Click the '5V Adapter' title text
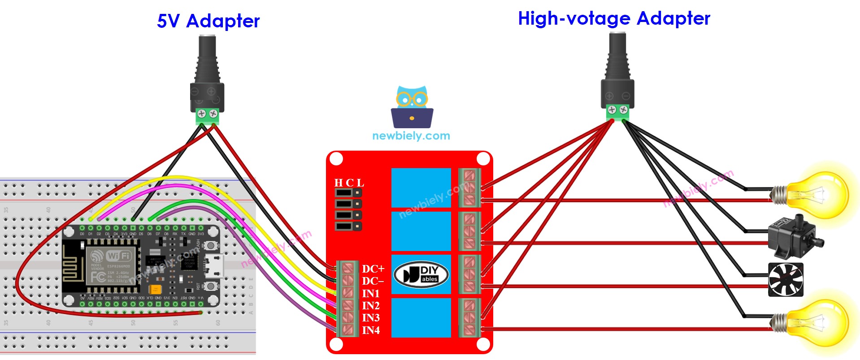208,21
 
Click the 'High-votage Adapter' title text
614,19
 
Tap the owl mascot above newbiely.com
412,107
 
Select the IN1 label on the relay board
371,294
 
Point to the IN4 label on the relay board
371,330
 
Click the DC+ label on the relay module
373,269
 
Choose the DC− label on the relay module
373,281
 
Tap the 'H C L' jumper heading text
349,183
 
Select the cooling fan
786,280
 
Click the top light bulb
814,195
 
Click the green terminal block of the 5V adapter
208,116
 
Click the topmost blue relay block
421,187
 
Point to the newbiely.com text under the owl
411,136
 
